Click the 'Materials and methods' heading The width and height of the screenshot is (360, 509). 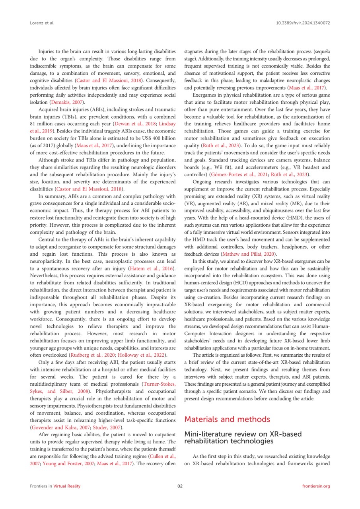tap(227, 419)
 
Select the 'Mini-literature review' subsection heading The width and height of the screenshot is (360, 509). tap(243, 437)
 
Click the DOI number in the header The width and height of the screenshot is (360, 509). tap(303, 23)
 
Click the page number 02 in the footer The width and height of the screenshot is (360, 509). tap(180, 486)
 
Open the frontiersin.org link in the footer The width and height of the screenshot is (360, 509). tap(316, 486)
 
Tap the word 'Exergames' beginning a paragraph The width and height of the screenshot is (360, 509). tap(206, 95)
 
